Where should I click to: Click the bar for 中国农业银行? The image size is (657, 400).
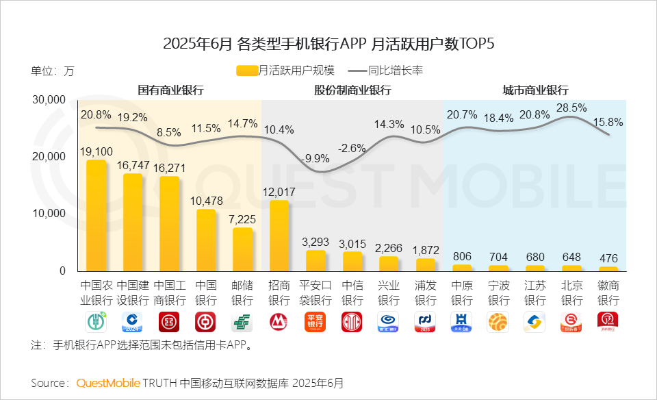click(96, 215)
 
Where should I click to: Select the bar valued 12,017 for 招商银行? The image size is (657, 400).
click(279, 235)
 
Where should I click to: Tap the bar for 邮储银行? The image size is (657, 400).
click(242, 249)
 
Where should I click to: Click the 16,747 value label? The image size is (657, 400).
click(133, 165)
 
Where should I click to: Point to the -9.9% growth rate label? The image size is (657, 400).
click(315, 158)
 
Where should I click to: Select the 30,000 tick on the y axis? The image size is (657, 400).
click(49, 100)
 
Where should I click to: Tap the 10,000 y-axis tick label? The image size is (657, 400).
click(49, 214)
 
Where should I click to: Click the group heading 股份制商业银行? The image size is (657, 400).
click(352, 90)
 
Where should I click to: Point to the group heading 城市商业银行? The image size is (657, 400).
click(535, 90)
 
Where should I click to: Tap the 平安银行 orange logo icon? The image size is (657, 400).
click(315, 322)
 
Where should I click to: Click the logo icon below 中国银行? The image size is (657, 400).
click(205, 322)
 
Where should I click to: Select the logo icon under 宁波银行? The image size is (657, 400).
click(498, 322)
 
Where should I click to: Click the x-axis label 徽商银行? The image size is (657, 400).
click(608, 292)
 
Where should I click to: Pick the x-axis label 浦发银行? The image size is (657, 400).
click(425, 292)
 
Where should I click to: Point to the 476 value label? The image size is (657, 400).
click(608, 258)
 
